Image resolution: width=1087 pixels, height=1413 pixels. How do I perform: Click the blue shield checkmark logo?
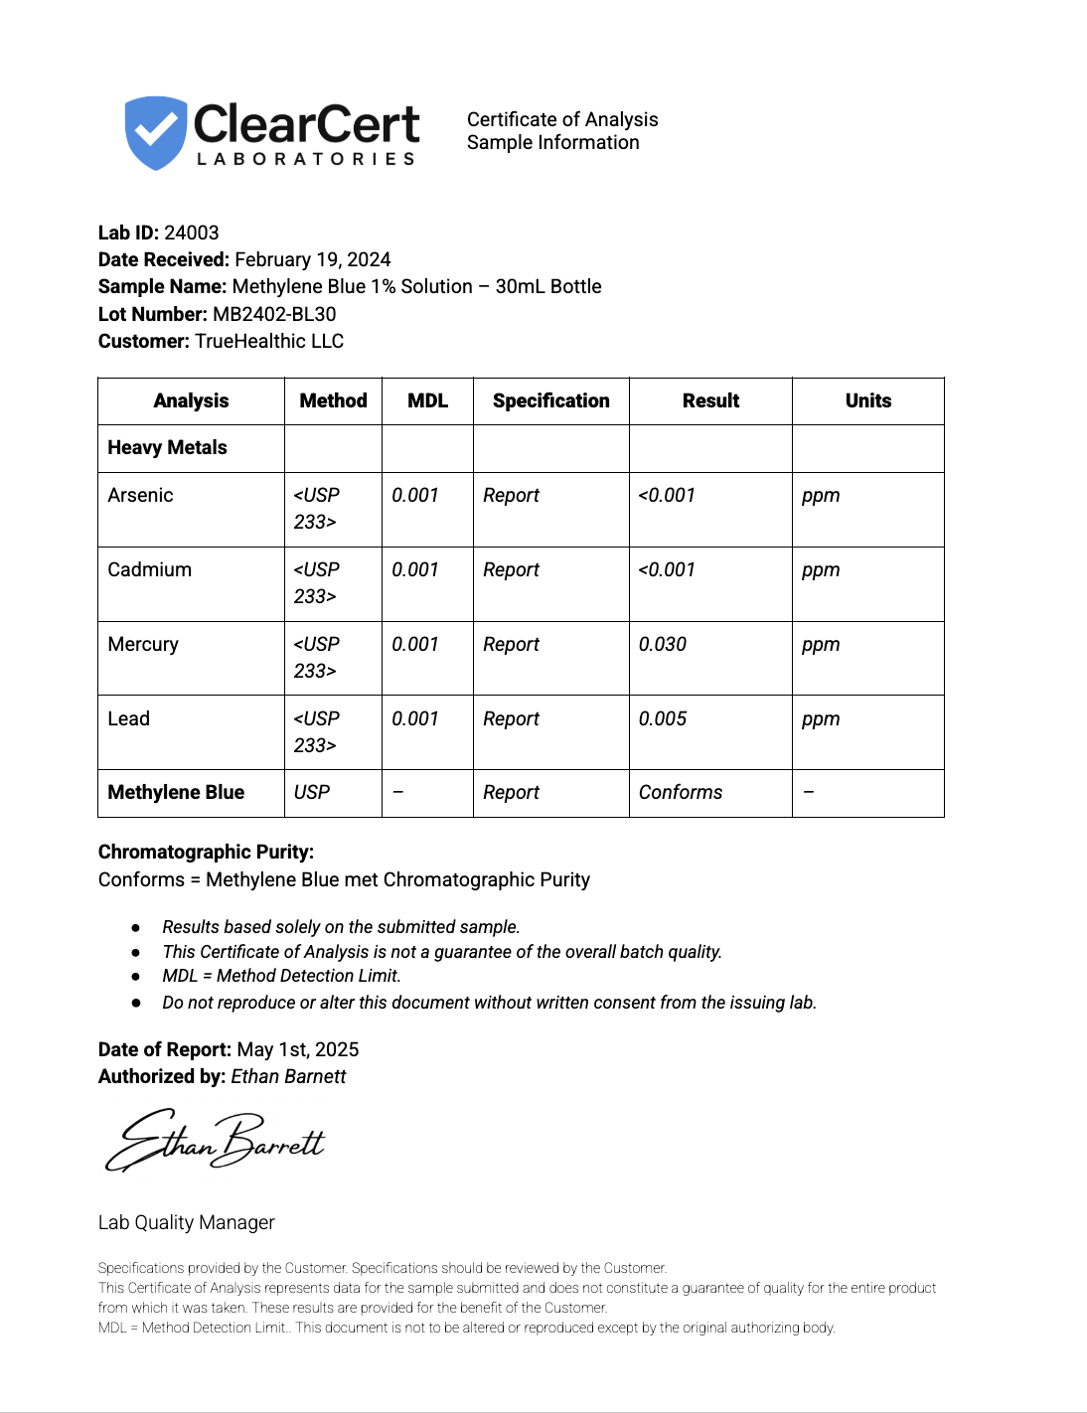[155, 132]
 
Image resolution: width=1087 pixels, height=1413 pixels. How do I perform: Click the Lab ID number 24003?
[192, 233]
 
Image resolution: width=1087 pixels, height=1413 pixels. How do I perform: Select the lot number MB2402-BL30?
[274, 314]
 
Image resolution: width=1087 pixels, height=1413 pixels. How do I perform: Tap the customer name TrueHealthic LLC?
[269, 341]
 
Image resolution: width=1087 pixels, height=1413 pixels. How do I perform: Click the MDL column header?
[427, 400]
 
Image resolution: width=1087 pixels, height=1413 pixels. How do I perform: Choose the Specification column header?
[550, 400]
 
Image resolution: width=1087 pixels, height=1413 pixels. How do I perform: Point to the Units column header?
[867, 400]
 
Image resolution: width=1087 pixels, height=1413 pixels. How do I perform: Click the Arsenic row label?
[140, 495]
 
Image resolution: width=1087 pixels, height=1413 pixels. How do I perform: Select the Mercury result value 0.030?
[663, 644]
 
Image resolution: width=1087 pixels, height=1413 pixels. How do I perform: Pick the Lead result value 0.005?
[663, 718]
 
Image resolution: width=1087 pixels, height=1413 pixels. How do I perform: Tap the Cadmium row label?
[149, 569]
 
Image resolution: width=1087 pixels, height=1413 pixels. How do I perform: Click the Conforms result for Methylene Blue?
[681, 792]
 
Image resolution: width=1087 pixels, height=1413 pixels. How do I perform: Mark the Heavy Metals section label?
[167, 447]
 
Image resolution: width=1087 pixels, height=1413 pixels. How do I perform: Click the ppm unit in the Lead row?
[821, 718]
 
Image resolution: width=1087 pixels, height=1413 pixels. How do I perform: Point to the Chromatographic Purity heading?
[206, 852]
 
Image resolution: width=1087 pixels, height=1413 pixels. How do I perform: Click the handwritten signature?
[216, 1141]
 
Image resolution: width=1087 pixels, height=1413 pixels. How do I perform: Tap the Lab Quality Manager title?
[187, 1222]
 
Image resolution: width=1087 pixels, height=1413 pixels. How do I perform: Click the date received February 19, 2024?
[313, 259]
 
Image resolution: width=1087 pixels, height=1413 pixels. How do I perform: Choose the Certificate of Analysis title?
[562, 119]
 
